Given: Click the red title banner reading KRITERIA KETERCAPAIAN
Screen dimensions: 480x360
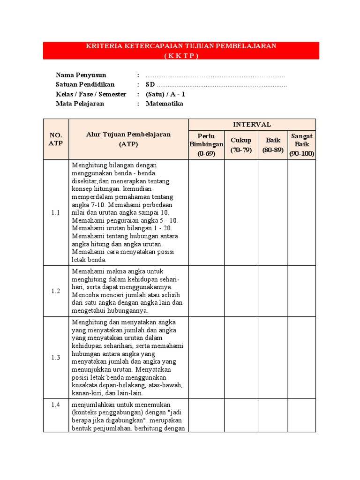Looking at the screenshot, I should [181, 51].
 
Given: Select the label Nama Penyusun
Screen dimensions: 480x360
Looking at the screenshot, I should [81, 75].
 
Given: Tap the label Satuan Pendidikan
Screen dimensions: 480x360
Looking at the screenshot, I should [85, 85].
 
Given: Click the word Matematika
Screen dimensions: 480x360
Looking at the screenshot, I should [165, 104].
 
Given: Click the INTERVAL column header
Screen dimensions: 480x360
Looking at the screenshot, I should [252, 125].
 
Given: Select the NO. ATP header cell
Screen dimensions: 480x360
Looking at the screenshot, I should [56, 139].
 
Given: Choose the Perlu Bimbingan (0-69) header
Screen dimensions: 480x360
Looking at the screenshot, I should [206, 145].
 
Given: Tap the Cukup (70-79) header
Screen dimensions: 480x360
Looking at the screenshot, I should [241, 145].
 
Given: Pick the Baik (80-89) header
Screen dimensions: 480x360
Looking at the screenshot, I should [273, 145].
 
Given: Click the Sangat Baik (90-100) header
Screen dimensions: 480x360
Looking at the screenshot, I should [301, 145].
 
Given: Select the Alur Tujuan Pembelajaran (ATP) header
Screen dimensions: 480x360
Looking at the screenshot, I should [128, 139].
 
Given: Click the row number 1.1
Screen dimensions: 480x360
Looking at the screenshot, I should [56, 213].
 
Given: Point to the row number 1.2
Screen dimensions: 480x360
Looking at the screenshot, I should [56, 291].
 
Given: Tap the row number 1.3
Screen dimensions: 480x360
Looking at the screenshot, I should [56, 358].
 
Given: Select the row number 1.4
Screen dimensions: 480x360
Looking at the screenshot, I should [56, 405].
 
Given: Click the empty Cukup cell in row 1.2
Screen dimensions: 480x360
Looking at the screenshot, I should [241, 291].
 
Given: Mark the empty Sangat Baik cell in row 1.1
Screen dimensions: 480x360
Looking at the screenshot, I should [301, 213].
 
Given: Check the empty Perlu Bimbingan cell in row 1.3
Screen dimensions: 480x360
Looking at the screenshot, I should [206, 358].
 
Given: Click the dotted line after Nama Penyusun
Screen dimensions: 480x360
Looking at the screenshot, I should [215, 75].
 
